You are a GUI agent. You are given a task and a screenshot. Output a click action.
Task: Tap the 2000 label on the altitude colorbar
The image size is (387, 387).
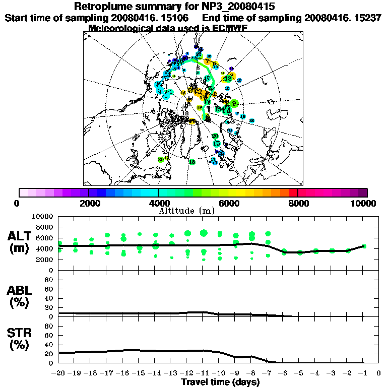click(x=89, y=203)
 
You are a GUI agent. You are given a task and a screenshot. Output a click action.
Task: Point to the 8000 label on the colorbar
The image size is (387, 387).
click(x=298, y=203)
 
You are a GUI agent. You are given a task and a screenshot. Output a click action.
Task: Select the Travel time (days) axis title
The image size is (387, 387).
click(x=220, y=382)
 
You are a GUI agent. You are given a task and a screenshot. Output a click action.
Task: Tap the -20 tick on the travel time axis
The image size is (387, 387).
click(x=58, y=373)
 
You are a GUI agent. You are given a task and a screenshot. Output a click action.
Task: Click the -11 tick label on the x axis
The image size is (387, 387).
click(x=203, y=373)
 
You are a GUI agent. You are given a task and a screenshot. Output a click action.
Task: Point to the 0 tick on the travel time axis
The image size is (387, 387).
click(x=379, y=373)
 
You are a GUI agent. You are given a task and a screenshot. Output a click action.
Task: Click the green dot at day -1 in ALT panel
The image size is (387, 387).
click(x=364, y=246)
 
